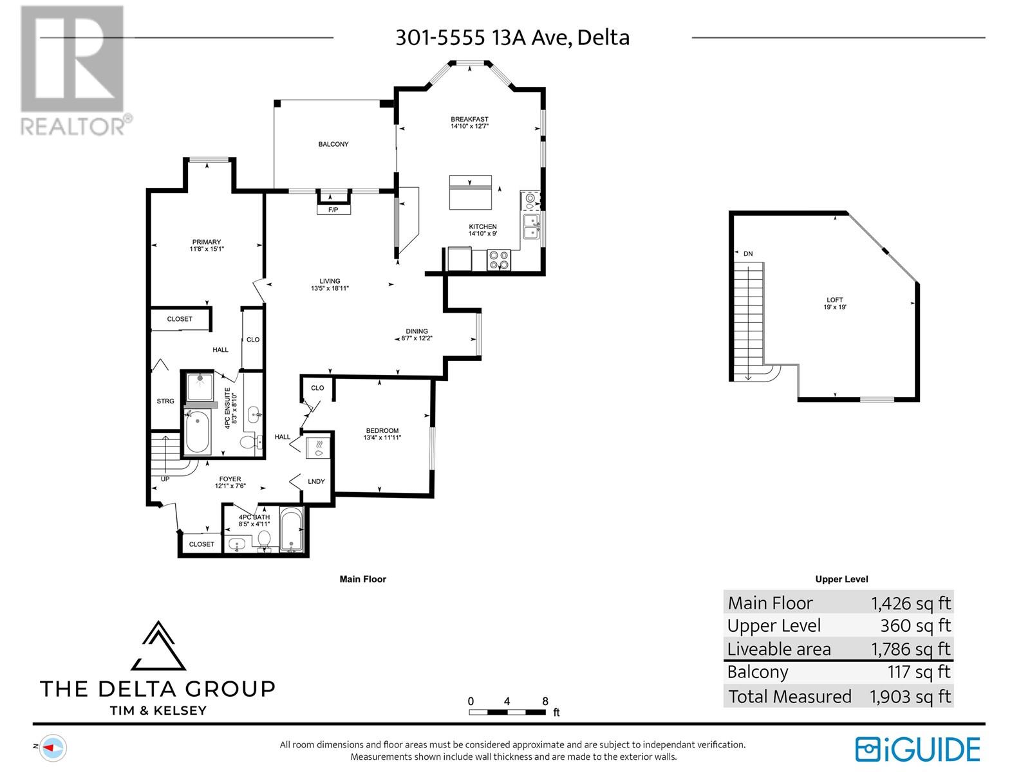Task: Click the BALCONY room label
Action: pos(333,144)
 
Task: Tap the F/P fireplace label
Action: pos(333,210)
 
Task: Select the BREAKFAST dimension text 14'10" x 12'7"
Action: pos(469,127)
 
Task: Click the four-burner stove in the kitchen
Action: pos(499,260)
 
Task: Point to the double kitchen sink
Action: pos(531,227)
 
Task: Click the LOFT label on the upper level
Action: pos(835,300)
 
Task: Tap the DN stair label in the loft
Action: pos(748,254)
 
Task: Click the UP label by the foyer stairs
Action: pos(165,479)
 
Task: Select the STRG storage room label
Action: pos(165,401)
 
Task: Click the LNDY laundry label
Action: pos(316,481)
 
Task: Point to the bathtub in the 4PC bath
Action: pos(292,531)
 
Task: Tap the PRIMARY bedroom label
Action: pos(206,242)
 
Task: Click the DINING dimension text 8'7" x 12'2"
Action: pos(417,338)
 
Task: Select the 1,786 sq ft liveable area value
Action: pos(910,649)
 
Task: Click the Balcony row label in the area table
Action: pos(758,672)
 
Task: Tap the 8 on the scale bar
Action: pos(545,701)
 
